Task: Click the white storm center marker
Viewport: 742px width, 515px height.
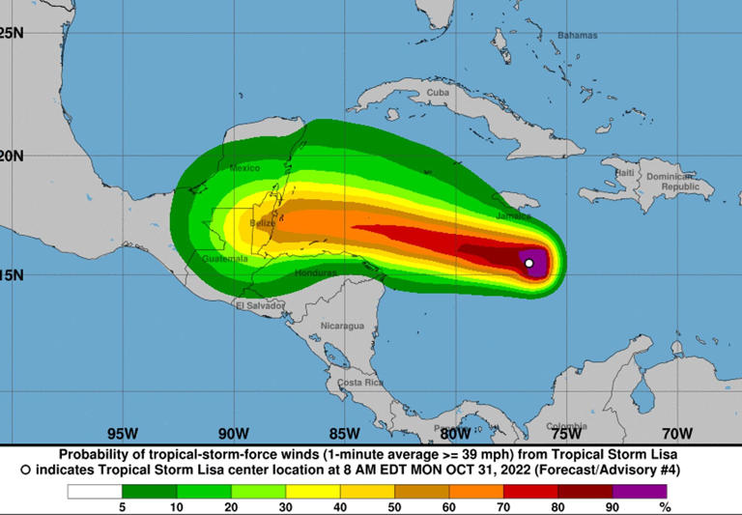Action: tap(528, 263)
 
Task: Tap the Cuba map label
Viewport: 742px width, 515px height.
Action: tap(439, 93)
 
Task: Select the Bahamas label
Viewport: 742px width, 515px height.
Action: tap(577, 35)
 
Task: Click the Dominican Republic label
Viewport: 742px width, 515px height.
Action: tap(672, 182)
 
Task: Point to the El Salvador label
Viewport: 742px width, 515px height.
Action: tap(260, 305)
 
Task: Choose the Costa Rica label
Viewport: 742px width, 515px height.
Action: tap(360, 383)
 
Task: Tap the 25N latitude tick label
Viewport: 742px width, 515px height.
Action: tap(12, 33)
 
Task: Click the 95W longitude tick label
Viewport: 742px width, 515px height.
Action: tap(122, 433)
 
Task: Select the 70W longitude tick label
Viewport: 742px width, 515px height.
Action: tap(677, 433)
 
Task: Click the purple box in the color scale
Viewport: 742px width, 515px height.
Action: tap(640, 491)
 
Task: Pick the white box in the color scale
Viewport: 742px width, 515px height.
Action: tap(95, 491)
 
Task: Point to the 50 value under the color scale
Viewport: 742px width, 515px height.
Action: tap(394, 506)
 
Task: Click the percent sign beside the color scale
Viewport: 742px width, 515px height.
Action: tap(664, 506)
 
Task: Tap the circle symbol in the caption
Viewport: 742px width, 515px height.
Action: tap(25, 470)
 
